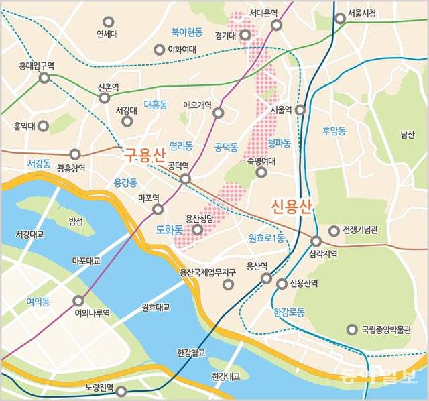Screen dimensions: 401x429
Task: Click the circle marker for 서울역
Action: [300, 109]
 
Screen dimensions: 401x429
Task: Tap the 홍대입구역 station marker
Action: [44, 78]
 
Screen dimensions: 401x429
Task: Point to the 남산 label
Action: [407, 134]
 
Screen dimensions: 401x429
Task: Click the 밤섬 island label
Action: [76, 221]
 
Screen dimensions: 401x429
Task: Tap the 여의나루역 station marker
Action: [79, 301]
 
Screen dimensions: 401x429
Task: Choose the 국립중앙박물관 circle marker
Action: [352, 329]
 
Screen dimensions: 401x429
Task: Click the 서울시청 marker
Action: [341, 19]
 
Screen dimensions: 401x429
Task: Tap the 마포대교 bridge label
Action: [86, 260]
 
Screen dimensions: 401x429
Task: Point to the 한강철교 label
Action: [191, 351]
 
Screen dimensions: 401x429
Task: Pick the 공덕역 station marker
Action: [185, 178]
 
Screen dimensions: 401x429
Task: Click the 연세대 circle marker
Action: [109, 21]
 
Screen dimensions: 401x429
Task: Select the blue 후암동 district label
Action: [333, 131]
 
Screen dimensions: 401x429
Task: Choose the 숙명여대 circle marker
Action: [261, 172]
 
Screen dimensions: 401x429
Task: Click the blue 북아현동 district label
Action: [186, 31]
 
